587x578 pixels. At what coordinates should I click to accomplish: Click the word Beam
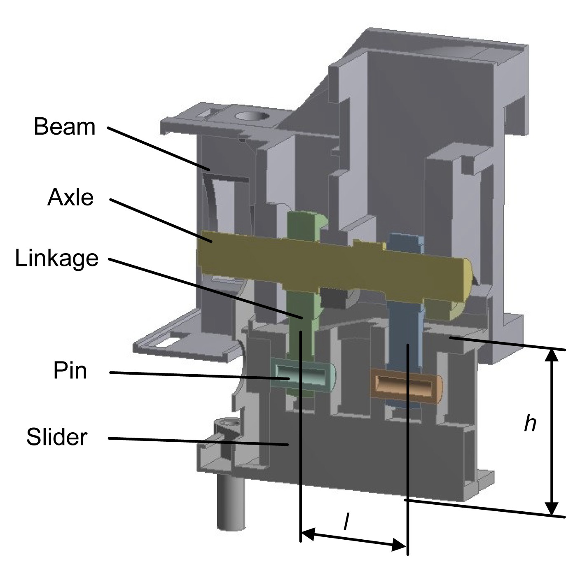tap(64, 126)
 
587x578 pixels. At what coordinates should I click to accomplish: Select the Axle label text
tap(70, 197)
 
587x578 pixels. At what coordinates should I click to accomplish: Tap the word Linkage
tap(57, 258)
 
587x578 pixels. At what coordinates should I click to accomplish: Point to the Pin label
tap(70, 370)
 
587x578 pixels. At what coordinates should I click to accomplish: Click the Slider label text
tap(57, 436)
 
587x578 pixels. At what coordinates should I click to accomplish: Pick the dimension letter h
tap(530, 423)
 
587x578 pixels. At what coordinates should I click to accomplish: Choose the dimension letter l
tap(346, 522)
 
